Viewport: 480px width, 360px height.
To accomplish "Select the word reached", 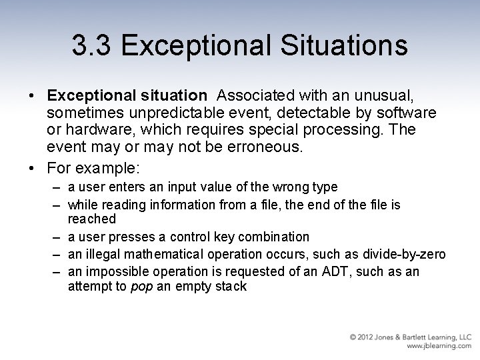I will (x=92, y=219).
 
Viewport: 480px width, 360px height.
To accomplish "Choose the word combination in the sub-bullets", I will (x=273, y=237).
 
